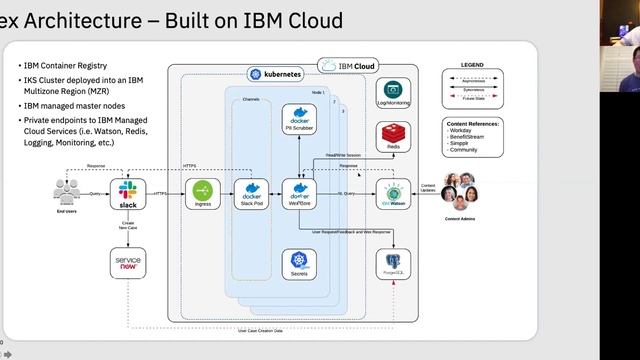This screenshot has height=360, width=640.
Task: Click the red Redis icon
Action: click(393, 134)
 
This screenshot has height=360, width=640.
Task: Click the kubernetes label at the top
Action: click(269, 74)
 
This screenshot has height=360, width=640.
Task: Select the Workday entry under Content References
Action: click(463, 132)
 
